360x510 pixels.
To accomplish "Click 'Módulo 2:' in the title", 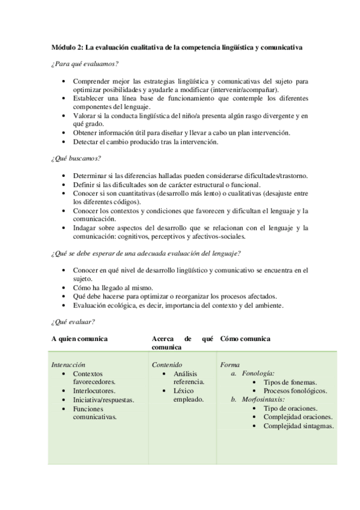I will tap(67, 47).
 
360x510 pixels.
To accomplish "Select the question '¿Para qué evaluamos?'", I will tap(84, 63).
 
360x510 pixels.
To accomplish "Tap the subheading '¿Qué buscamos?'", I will tap(75, 158).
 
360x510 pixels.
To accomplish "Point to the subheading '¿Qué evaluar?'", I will tap(73, 322).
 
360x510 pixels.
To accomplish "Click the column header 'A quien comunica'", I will tap(79, 339).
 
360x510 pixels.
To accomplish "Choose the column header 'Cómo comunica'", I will tap(245, 339).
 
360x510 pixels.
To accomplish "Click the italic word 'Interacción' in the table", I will tap(69, 364).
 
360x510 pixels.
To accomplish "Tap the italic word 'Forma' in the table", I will tap(230, 364).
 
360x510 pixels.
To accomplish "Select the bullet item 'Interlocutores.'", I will tap(95, 390).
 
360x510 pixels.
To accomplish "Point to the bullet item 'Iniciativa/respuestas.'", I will tap(103, 399).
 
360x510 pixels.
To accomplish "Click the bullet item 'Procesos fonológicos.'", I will tap(295, 390).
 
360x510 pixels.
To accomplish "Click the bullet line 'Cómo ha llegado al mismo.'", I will tap(113, 287).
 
